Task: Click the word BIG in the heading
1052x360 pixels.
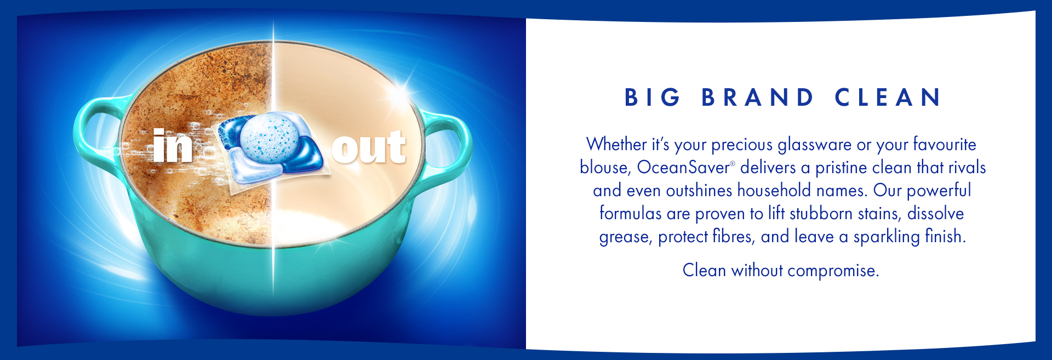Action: pyautogui.click(x=652, y=98)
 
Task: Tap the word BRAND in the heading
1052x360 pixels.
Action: pyautogui.click(x=758, y=98)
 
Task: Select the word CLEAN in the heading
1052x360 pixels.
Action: pyautogui.click(x=888, y=98)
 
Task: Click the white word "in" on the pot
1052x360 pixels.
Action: pyautogui.click(x=173, y=146)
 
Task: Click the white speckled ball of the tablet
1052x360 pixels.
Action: pyautogui.click(x=270, y=139)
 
